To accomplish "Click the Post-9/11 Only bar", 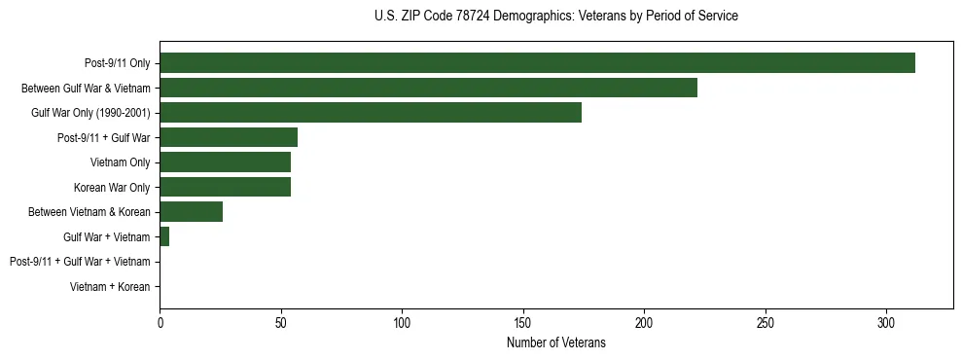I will point(537,63).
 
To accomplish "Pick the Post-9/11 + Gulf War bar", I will point(229,137).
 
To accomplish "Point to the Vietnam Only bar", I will point(225,162).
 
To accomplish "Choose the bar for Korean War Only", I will point(225,187).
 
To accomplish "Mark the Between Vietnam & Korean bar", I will point(191,211).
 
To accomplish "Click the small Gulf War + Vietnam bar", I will point(164,236).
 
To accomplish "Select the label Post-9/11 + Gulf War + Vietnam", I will point(80,262).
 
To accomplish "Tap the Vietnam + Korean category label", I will point(110,286).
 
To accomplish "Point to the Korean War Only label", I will point(112,187).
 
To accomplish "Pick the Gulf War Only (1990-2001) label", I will point(90,113).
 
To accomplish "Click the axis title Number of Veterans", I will point(555,342).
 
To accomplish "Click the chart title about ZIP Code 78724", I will point(555,17).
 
